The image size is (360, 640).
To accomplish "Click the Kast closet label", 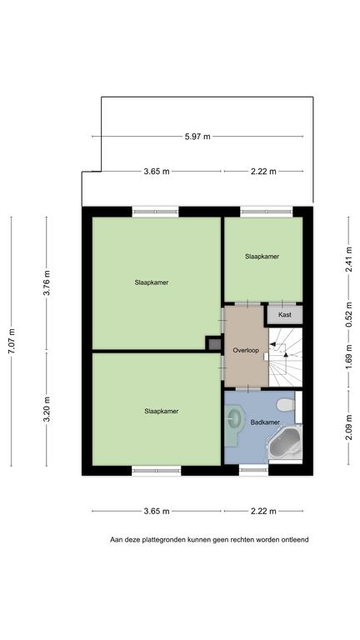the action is coord(284,315).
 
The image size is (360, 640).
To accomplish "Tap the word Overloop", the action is coord(246,350).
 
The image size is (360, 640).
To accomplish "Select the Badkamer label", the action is coord(265,422).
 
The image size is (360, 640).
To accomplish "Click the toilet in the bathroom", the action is coord(285,405).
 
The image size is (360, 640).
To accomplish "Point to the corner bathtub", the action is coord(285,443).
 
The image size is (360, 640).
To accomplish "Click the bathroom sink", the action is coord(234,418).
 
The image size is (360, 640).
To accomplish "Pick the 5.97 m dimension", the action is coord(197,137).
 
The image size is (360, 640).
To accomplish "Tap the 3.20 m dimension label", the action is coord(47,409).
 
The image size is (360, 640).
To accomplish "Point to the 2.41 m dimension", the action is coord(348,260).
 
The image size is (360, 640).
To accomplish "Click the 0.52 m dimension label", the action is coord(348,314).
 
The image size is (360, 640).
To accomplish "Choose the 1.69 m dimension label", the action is coord(348,358).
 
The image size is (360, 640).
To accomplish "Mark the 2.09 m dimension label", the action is coord(348,427).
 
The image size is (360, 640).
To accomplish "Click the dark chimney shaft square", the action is coord(214,342).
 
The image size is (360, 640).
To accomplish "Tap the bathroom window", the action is coord(253,470).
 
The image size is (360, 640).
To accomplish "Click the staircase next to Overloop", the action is coord(285,357).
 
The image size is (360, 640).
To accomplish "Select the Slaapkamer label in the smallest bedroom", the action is coord(262,257).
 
